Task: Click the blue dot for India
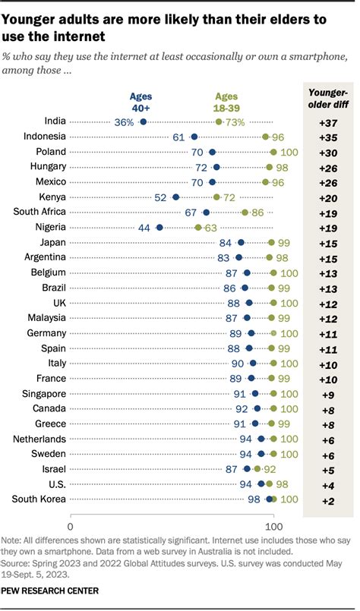(x=143, y=121)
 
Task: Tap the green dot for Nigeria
(x=198, y=227)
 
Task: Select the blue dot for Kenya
(x=175, y=197)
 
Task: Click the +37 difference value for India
(x=329, y=121)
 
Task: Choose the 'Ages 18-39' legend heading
(x=226, y=102)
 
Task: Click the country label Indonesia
(x=44, y=137)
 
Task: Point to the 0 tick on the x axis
(x=71, y=525)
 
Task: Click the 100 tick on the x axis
(x=273, y=525)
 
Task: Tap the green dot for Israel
(x=257, y=468)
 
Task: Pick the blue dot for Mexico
(x=212, y=181)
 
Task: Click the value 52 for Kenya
(x=160, y=197)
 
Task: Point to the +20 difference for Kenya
(x=329, y=197)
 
